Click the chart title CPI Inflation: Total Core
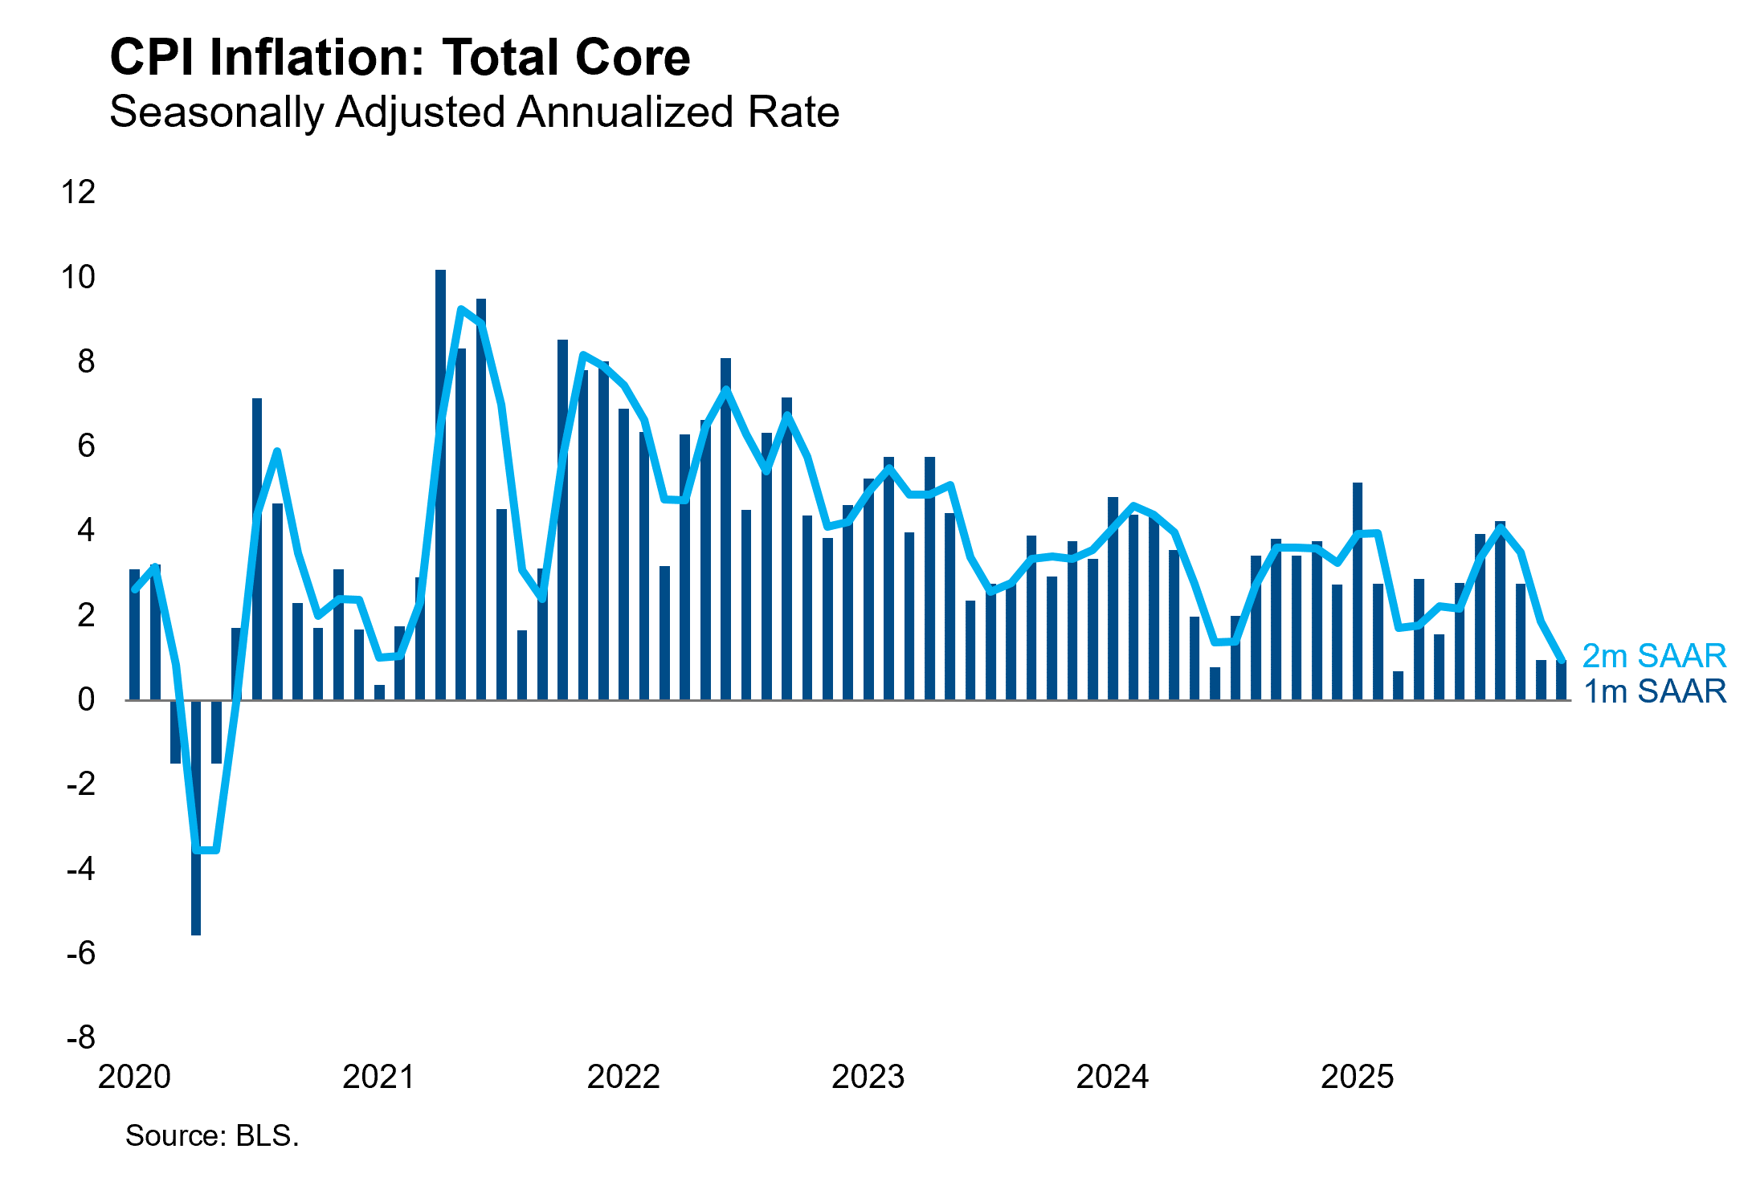399,58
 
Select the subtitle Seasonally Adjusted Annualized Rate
474,112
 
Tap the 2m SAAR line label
1653,656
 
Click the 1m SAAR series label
1653,691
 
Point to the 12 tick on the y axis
78,192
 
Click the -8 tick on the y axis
80,1037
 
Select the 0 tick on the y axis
85,699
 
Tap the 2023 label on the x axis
868,1077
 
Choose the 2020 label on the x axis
134,1077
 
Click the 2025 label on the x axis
1357,1077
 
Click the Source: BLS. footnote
212,1135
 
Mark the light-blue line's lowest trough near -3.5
206,850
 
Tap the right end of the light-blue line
1562,660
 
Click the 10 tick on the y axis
78,277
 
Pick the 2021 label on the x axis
378,1077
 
